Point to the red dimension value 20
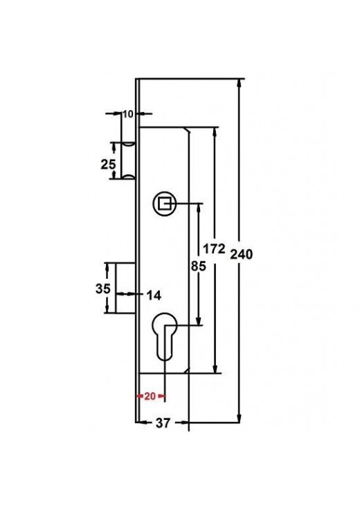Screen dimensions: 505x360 tap(150, 396)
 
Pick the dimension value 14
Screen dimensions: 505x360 tap(153, 295)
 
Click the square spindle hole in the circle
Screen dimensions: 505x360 tap(165, 203)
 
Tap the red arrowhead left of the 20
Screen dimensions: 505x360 tap(140, 396)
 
